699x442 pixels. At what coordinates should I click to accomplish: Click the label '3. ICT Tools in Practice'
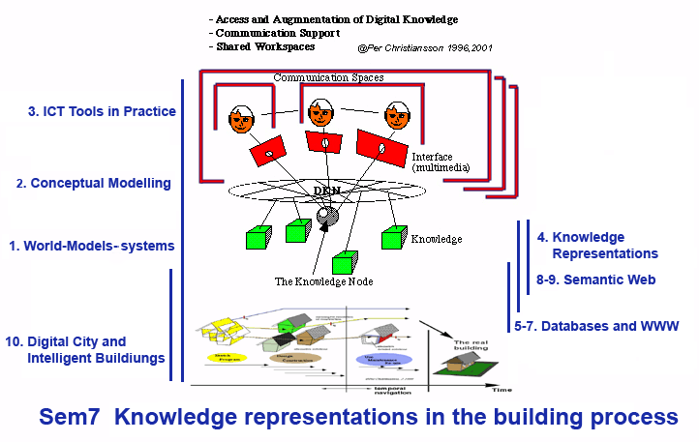coord(102,111)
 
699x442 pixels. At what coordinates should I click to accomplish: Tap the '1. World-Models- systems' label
coord(91,246)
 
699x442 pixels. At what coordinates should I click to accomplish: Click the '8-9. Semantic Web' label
coord(596,280)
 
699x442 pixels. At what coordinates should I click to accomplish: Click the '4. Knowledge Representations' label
coord(596,245)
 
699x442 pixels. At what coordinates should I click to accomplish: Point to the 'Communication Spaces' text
coord(328,77)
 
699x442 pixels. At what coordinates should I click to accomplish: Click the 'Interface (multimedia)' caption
coord(441,162)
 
